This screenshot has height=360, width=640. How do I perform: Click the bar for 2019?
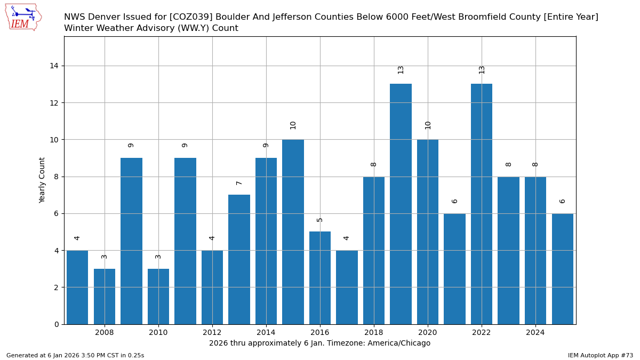coord(401,204)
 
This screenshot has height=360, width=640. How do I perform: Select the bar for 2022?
coord(482,204)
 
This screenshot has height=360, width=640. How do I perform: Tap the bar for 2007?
coord(77,287)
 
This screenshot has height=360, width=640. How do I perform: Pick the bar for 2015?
coord(293,231)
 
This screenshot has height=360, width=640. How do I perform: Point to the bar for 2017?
coord(347,287)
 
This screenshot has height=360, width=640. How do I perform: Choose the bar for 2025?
coord(562,268)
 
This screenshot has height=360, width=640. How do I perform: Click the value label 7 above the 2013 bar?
coord(239,183)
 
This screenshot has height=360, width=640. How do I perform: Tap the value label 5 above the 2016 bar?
coord(320,220)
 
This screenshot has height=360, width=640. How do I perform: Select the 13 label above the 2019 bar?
coord(401,69)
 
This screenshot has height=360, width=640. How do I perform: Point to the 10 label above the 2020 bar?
coord(428,125)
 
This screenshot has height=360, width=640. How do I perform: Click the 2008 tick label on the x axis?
coord(105,333)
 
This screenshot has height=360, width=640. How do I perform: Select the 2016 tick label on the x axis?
coord(320,333)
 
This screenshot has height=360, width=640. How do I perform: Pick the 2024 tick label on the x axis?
coord(535,333)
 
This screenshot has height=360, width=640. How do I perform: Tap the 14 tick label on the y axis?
coord(54,66)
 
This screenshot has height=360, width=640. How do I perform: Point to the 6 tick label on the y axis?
coord(57,213)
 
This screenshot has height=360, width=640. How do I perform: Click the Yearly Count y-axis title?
coord(42,180)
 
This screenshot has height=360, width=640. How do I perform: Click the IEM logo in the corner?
coord(23,17)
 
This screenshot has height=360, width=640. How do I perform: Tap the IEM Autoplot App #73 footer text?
coord(600,355)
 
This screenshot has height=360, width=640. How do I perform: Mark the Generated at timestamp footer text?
coord(75,355)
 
